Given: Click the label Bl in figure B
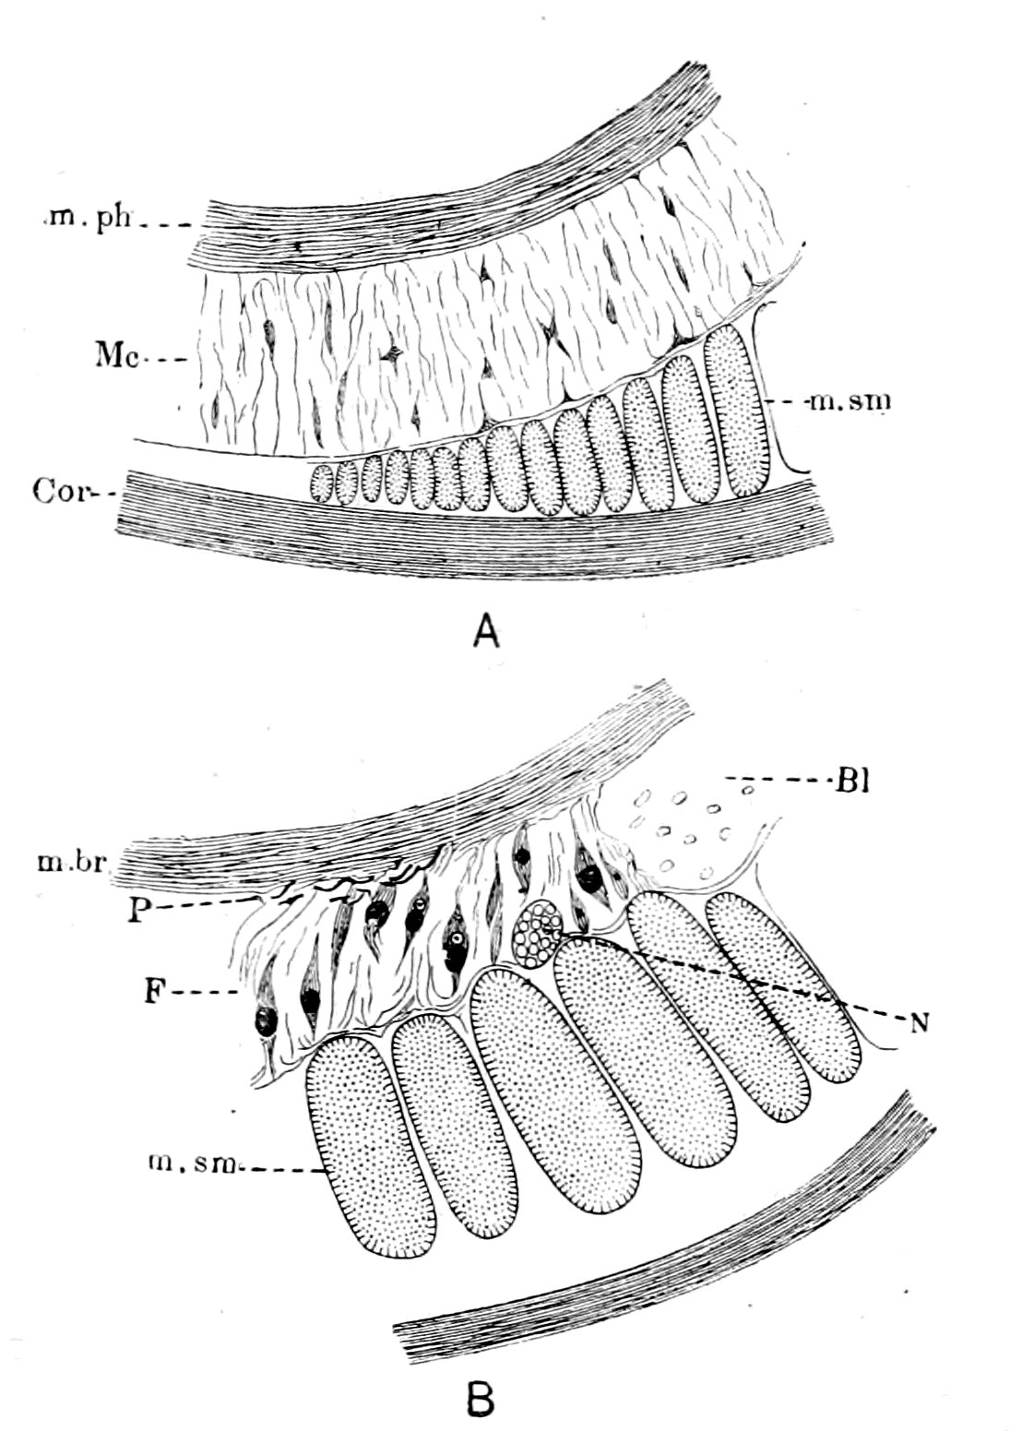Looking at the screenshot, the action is point(848,782).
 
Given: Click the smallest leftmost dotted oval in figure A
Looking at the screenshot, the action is point(321,482).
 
